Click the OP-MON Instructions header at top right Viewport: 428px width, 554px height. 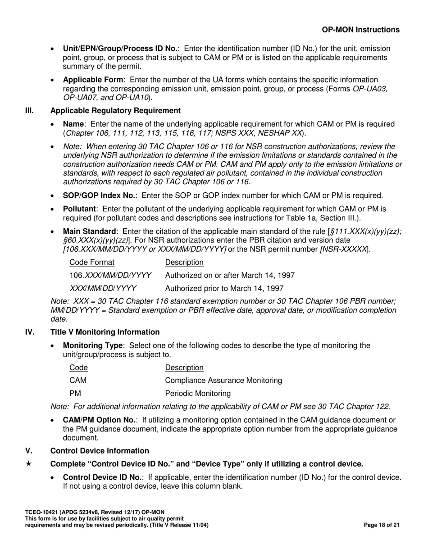pyautogui.click(x=360, y=30)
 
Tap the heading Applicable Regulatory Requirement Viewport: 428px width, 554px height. pyautogui.click(x=115, y=111)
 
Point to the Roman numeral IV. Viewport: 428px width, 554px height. pyautogui.click(x=29, y=332)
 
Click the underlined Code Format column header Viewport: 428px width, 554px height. pyautogui.click(x=92, y=263)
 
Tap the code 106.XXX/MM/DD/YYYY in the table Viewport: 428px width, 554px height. pyautogui.click(x=110, y=275)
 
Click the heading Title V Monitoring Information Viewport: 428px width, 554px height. pyautogui.click(x=105, y=332)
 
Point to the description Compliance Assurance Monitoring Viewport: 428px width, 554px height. pyautogui.click(x=224, y=381)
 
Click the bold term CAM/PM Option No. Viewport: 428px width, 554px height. pyautogui.click(x=100, y=420)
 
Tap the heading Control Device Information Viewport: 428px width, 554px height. pyautogui.click(x=100, y=451)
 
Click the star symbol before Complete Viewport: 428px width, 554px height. pyautogui.click(x=29, y=464)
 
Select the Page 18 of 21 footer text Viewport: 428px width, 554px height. pyautogui.click(x=382, y=525)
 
